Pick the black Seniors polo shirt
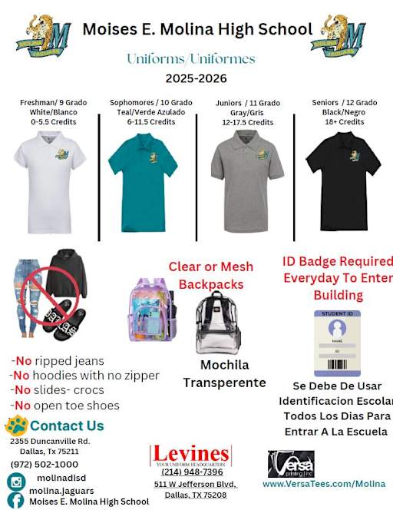(343, 171)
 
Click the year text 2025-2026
(196, 78)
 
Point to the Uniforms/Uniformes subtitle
(191, 58)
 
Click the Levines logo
(190, 455)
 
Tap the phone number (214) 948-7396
(192, 472)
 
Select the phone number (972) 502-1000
(45, 464)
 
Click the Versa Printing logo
(291, 464)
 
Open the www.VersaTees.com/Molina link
(323, 485)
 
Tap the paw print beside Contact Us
(16, 426)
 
